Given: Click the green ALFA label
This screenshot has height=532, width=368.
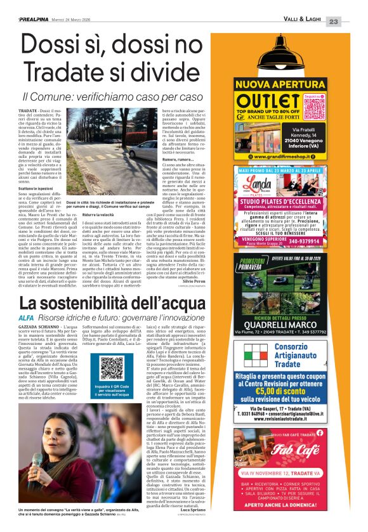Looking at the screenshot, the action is point(26,317).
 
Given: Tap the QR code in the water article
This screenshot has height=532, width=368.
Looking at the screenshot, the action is point(111,368).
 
